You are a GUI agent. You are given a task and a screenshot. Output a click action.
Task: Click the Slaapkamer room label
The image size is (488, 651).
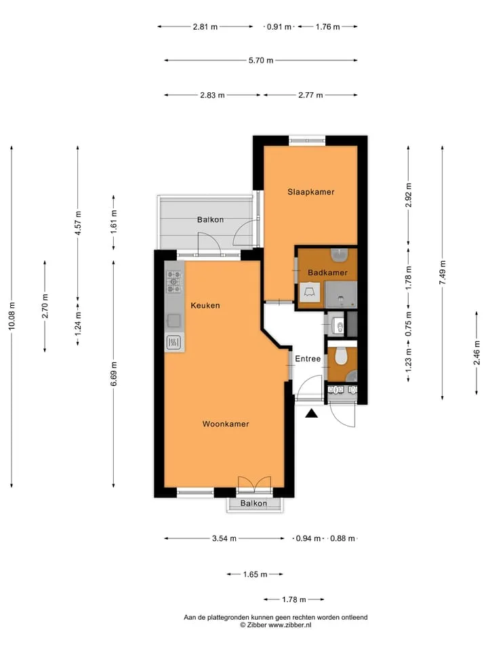pos(311,192)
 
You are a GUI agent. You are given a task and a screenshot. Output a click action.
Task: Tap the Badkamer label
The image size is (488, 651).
pos(327,273)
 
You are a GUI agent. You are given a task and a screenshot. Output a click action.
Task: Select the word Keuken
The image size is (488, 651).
pos(205,306)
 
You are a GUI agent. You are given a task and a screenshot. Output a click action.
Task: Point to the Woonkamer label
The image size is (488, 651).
pos(226,424)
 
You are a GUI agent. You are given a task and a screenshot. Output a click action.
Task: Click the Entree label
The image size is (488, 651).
pos(308,359)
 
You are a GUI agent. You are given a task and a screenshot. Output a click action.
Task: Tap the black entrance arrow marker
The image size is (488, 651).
pos(311,414)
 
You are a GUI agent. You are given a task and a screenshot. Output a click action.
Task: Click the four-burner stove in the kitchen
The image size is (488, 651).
pos(174,282)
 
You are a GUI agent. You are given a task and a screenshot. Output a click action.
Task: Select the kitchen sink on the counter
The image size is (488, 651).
pos(174,321)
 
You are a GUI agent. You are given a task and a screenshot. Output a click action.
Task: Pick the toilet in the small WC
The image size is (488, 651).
pos(341,356)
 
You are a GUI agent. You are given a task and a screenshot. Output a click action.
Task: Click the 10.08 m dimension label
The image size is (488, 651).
pos(12,316)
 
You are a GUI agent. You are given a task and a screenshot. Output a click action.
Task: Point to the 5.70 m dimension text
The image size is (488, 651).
pos(261,60)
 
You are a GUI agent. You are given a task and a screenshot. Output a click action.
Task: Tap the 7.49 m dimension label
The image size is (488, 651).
pos(443,273)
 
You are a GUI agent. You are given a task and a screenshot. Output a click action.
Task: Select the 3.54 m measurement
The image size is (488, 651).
pos(224,538)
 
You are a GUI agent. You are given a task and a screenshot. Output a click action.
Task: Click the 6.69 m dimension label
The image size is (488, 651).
pos(114,374)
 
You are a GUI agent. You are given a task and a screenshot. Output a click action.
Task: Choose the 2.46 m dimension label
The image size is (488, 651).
pos(476,353)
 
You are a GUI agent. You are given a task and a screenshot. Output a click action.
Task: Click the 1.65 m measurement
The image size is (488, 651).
pos(256,574)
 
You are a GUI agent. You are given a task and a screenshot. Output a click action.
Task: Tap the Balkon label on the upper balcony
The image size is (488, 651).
pos(210,220)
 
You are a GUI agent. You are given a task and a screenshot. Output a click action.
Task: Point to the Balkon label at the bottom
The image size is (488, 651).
pos(253,503)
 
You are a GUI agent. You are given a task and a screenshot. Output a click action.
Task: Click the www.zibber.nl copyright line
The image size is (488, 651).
pos(276,625)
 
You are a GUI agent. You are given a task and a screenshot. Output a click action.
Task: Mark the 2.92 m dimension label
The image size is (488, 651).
pos(408,195)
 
